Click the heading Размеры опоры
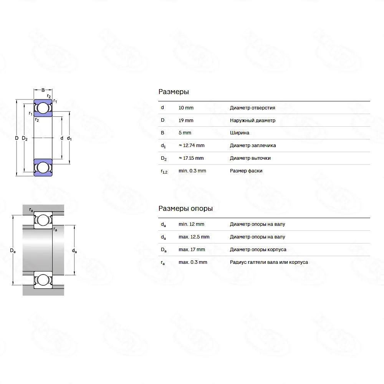(x=185, y=209)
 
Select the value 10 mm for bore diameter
(x=186, y=108)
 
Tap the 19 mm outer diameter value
(x=186, y=121)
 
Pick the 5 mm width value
(x=185, y=133)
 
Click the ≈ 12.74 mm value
(x=192, y=146)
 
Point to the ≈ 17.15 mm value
(x=191, y=158)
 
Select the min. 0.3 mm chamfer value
(x=192, y=171)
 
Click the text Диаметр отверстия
(x=253, y=108)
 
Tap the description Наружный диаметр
(x=253, y=121)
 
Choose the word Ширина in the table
(x=240, y=133)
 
